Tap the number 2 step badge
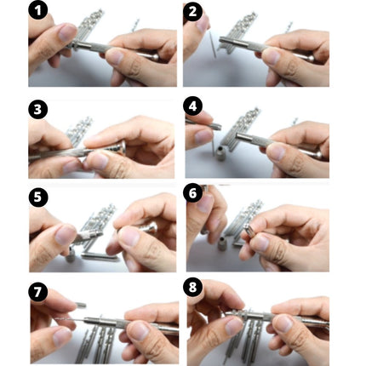[194, 12]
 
